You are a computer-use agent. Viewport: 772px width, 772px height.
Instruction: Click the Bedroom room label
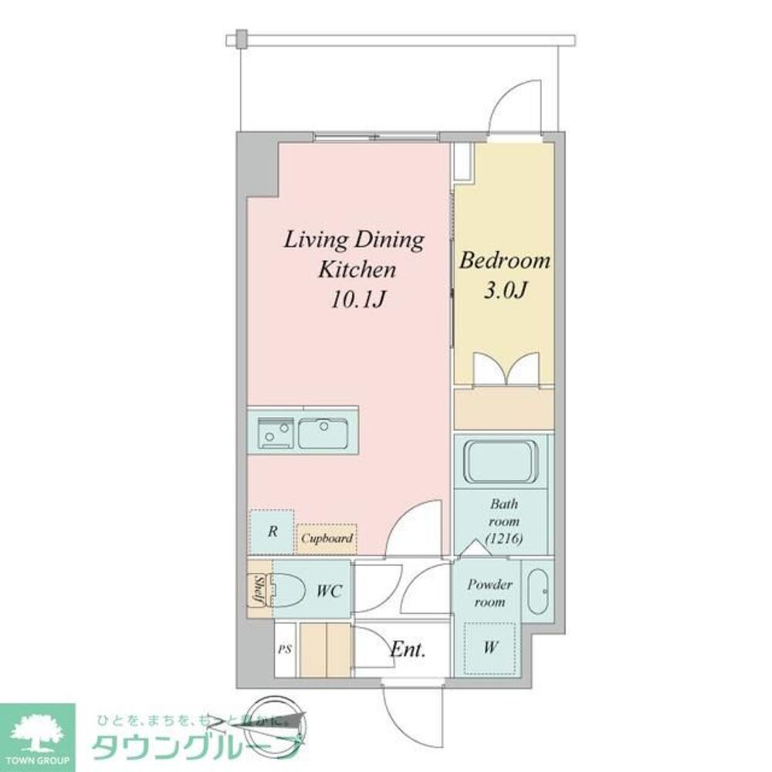point(505,261)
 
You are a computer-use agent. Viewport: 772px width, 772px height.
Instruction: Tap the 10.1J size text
point(358,300)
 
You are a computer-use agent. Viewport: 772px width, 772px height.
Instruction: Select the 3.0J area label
point(505,291)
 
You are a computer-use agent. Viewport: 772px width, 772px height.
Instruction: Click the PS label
point(285,649)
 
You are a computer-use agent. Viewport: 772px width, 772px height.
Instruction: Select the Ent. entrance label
point(407,650)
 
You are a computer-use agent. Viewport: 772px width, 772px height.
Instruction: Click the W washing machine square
point(489,648)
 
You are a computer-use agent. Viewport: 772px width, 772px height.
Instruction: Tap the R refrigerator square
point(272,531)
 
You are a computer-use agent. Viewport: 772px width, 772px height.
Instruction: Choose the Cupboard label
point(327,538)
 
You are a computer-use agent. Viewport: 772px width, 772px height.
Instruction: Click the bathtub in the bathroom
point(499,461)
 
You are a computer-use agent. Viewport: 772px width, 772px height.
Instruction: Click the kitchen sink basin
point(324,432)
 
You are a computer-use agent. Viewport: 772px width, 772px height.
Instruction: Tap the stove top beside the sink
point(272,432)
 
